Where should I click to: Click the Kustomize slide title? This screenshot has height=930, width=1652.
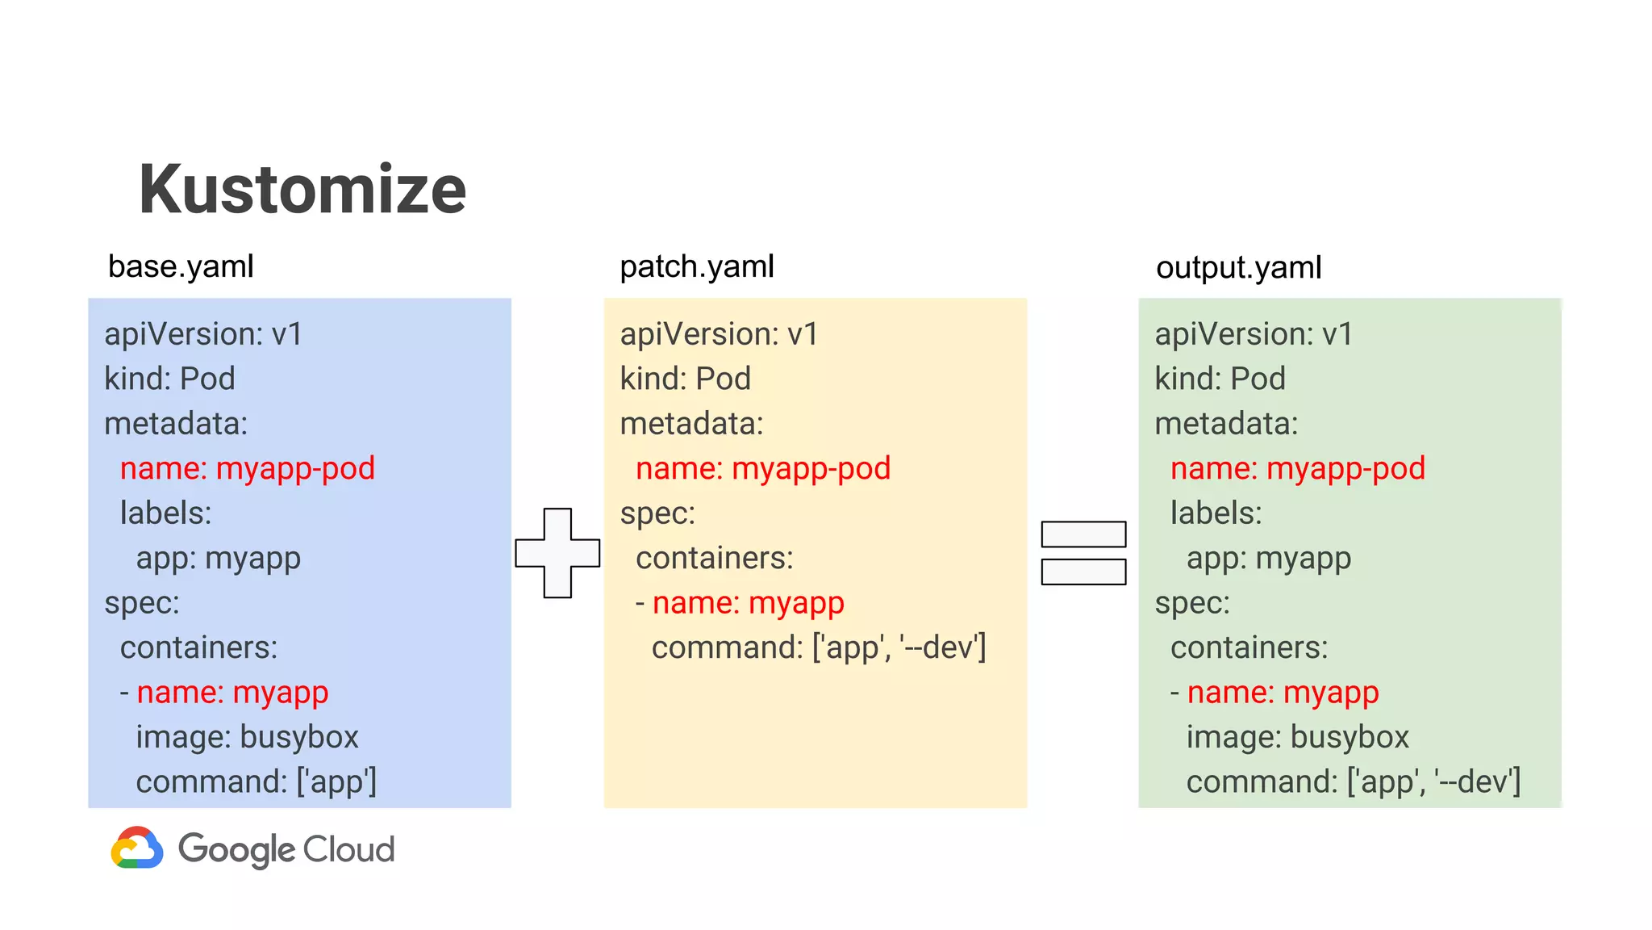[302, 190]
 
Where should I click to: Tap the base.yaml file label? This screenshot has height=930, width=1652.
[181, 266]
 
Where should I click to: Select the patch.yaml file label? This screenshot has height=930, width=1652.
[696, 266]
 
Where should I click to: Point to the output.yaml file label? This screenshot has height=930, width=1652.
[1238, 267]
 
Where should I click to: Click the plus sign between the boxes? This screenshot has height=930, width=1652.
[557, 553]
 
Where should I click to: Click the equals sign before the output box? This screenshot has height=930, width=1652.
[1083, 553]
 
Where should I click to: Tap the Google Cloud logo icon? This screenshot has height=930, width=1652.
[137, 848]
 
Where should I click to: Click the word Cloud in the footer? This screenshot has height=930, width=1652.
[349, 849]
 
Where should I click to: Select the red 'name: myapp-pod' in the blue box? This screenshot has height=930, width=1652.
[248, 468]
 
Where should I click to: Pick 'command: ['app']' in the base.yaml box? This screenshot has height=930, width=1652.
[256, 781]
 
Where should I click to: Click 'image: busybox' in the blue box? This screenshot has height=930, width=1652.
[247, 737]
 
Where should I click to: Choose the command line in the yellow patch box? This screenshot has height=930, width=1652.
[818, 647]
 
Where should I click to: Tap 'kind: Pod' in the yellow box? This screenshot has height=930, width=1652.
[685, 379]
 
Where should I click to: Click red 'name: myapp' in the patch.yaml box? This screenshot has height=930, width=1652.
[748, 603]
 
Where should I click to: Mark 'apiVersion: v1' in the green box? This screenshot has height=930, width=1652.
[1253, 334]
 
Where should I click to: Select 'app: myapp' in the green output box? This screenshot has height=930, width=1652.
[1268, 558]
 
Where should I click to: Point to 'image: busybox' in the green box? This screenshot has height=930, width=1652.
[1297, 737]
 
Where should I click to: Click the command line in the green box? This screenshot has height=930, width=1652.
[1353, 781]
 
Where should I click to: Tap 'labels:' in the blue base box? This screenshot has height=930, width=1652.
[165, 513]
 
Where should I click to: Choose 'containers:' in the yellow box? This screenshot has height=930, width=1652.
[714, 558]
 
